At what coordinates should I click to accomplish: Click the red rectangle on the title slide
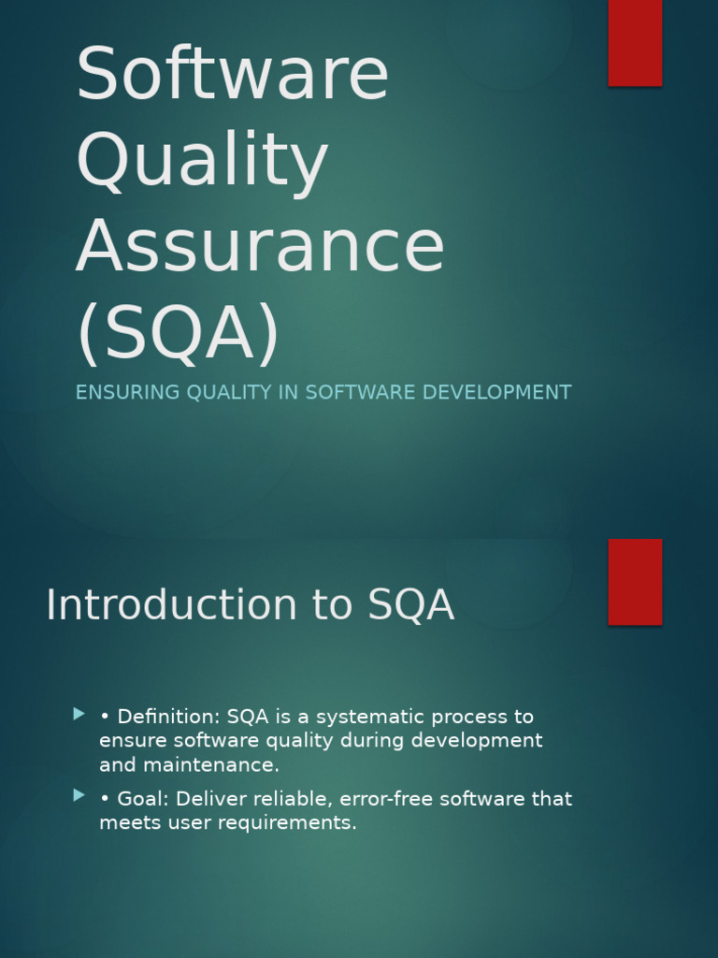click(635, 42)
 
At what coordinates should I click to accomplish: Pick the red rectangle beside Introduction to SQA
click(635, 581)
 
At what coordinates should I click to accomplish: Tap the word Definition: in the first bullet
click(168, 718)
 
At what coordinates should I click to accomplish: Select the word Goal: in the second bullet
click(143, 800)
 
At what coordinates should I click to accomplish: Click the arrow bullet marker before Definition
click(79, 714)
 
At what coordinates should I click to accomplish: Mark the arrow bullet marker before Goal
click(79, 796)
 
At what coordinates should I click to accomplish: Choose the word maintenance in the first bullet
click(210, 765)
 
